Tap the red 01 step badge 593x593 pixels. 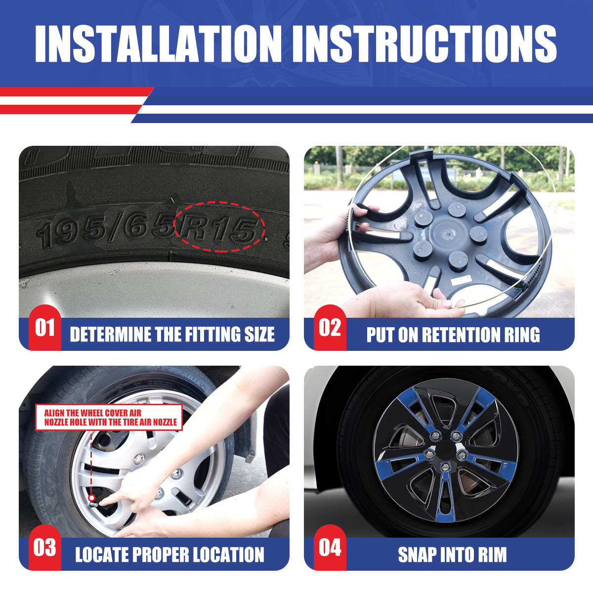coord(44,328)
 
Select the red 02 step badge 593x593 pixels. coord(330,328)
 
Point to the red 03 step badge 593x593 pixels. coord(44,548)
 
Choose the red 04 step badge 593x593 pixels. coord(330,548)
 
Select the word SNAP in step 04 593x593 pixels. coord(418,555)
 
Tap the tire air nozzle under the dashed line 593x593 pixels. coord(92,498)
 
